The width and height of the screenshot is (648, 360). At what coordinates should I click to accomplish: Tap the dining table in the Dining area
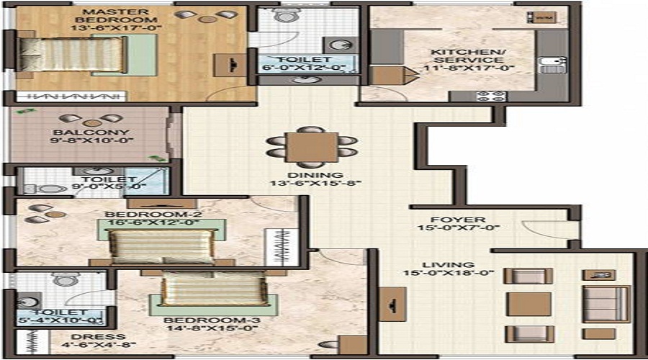311,147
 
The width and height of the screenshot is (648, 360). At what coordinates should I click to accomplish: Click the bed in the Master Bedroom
72,54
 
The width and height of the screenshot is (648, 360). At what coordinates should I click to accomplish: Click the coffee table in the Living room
528,303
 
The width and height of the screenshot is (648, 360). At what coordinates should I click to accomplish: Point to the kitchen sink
551,66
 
